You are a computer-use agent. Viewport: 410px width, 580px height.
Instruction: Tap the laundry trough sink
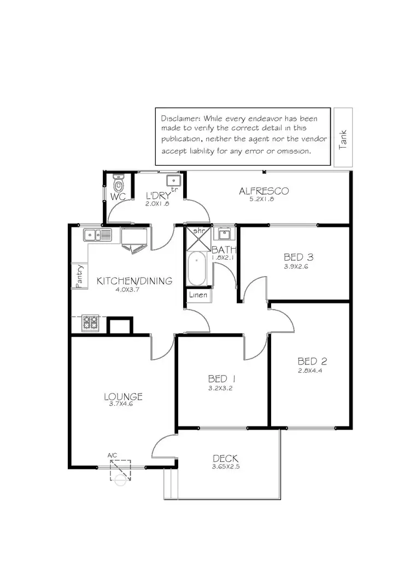173,181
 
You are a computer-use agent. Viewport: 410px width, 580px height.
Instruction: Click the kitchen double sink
97,235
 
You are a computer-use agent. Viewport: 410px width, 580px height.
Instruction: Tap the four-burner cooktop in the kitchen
90,323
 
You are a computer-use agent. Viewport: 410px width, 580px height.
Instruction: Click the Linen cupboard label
198,295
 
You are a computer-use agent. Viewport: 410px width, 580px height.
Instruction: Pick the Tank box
343,137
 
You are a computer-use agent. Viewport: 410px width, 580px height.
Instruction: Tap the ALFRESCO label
263,191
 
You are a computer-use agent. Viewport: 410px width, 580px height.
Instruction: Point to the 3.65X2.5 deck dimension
226,467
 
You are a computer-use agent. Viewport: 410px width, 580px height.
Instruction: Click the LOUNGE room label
123,396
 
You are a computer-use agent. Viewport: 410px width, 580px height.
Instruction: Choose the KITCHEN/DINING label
134,281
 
